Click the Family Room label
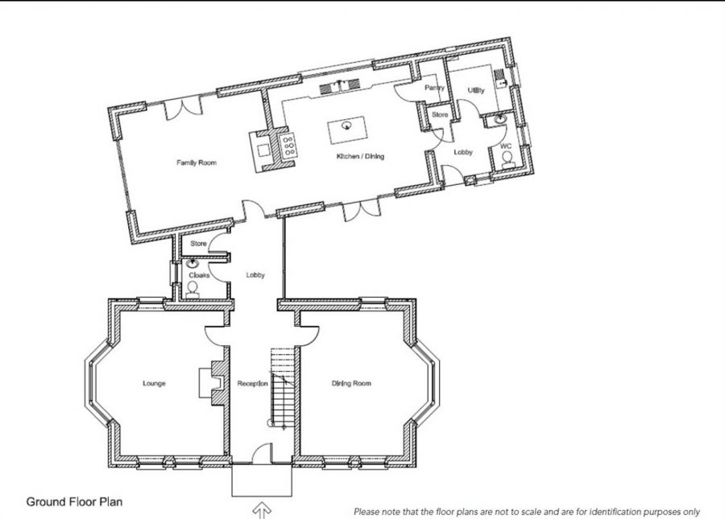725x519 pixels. coord(197,163)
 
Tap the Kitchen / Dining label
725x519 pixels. coord(360,157)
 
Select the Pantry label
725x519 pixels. coord(434,88)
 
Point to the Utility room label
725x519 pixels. coord(476,90)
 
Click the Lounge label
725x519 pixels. coord(154,383)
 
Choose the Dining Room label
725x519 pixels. coord(351,383)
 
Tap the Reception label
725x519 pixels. coord(252,384)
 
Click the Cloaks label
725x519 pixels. coord(199,275)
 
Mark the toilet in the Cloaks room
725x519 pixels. coord(192,290)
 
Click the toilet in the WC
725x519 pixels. coord(507,160)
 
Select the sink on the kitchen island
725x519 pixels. coord(346,126)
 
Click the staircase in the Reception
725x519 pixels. coord(283,387)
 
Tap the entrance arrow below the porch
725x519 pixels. coord(262,511)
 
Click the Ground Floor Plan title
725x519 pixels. coord(74,502)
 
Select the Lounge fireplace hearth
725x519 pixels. coord(205,383)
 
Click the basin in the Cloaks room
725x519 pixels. coord(192,264)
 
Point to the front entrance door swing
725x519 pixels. coord(262,453)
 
